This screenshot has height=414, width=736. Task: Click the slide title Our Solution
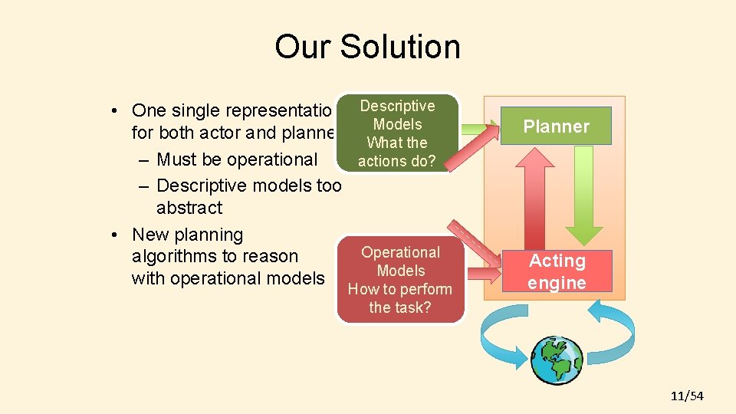pyautogui.click(x=367, y=46)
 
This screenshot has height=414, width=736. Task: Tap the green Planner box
pyautogui.click(x=556, y=127)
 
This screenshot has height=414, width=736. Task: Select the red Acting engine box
pyautogui.click(x=557, y=271)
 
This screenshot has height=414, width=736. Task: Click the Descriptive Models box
pyautogui.click(x=397, y=133)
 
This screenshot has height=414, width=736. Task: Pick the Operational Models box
pyautogui.click(x=400, y=280)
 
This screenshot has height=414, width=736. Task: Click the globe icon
pyautogui.click(x=557, y=360)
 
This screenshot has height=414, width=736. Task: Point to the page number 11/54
pyautogui.click(x=686, y=396)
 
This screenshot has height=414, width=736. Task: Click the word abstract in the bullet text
pyautogui.click(x=189, y=208)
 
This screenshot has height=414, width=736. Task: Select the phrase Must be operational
pyautogui.click(x=236, y=159)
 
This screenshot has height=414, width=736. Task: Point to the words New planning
pyautogui.click(x=187, y=235)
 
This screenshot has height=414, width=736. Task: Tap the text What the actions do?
pyautogui.click(x=396, y=151)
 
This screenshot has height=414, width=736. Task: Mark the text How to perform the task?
pyautogui.click(x=400, y=298)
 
